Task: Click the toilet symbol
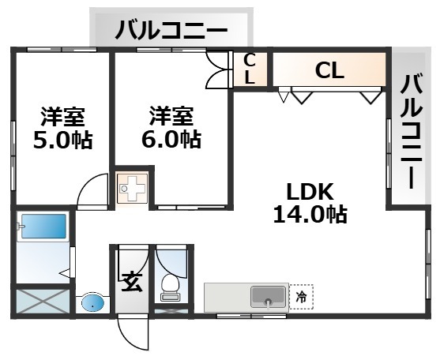[171, 287]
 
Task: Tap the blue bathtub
[43, 227]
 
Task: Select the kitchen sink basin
[268, 297]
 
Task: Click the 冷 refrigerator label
[302, 297]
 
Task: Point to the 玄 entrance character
[132, 283]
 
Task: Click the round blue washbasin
[93, 303]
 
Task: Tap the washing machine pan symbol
[132, 188]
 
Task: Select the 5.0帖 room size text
[62, 140]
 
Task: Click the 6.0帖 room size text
[171, 140]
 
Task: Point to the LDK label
[310, 192]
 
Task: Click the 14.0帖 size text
[310, 215]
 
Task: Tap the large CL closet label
[329, 70]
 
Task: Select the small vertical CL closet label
[250, 69]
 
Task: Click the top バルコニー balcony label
[171, 30]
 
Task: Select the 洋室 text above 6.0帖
[171, 116]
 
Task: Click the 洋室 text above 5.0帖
[62, 117]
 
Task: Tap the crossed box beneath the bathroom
[43, 302]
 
